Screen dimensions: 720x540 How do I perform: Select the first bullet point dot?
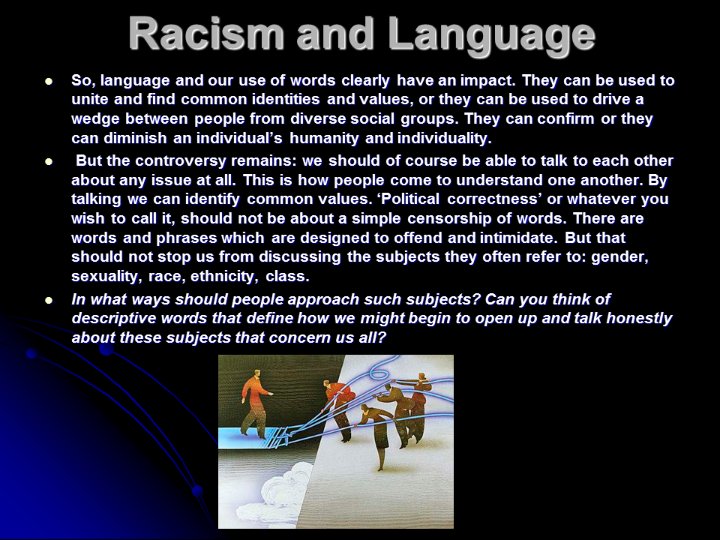[49, 82]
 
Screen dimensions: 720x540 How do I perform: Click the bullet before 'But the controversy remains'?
[49, 162]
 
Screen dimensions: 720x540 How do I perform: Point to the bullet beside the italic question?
[49, 300]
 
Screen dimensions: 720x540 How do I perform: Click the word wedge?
[95, 119]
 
